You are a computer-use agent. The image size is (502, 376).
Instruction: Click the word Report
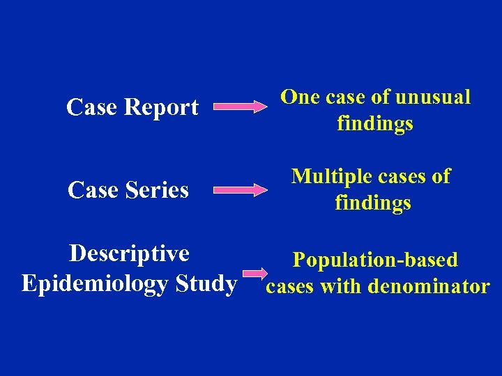click(161, 108)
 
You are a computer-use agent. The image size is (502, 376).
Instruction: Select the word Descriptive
click(129, 253)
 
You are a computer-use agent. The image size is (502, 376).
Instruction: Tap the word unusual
click(432, 97)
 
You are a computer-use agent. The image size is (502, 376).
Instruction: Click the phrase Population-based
click(375, 260)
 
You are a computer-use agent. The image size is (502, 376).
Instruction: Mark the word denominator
click(429, 286)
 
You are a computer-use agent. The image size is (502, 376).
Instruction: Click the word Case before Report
click(92, 108)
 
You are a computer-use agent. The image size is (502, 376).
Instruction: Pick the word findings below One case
click(375, 124)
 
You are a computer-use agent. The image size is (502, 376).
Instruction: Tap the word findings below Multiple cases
click(373, 203)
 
